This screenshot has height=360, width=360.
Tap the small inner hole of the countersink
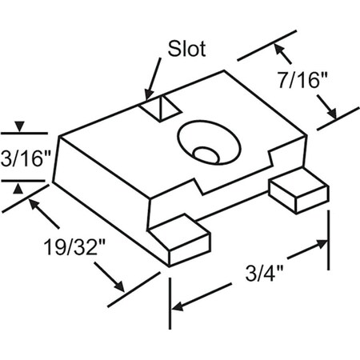coord(207,152)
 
